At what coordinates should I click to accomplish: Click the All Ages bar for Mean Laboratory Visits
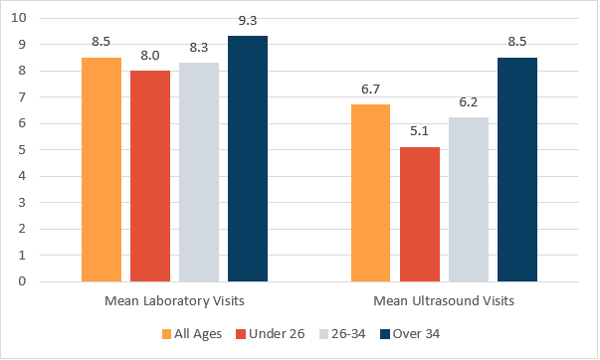(101, 169)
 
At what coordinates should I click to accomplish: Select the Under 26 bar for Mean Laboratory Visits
(150, 176)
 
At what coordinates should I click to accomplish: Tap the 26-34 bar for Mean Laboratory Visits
(199, 172)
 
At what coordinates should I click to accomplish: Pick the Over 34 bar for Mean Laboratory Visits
(248, 159)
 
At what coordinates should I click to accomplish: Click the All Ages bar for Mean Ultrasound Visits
(370, 193)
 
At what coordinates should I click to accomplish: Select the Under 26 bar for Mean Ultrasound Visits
(419, 214)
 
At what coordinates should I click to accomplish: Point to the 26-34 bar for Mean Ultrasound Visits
(468, 199)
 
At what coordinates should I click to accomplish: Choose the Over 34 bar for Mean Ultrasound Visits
(516, 169)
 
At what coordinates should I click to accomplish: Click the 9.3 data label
(248, 19)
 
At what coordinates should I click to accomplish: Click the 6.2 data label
(468, 100)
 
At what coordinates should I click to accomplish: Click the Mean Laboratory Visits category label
(174, 300)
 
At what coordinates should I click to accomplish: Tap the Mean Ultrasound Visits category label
(443, 300)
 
